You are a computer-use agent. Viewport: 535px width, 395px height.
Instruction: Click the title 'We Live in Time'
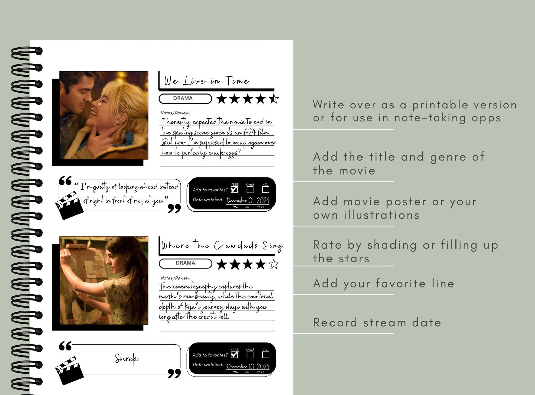[x=206, y=81]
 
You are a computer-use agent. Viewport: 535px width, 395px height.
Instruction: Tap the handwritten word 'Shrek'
[x=126, y=359]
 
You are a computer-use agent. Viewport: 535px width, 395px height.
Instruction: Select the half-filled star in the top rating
[x=274, y=99]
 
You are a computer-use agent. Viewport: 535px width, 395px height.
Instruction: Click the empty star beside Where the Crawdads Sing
[x=274, y=264]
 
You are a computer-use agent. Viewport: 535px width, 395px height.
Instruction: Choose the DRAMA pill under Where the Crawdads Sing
[x=185, y=263]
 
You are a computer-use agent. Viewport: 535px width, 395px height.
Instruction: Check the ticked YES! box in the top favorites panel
[x=234, y=189]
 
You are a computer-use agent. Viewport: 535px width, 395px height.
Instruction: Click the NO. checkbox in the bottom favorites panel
[x=265, y=355]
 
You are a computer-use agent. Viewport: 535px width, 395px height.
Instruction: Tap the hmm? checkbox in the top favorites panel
[x=250, y=190]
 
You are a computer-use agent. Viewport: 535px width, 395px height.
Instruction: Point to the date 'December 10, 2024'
[x=248, y=366]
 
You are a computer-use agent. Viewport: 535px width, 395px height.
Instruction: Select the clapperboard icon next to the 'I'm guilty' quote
[x=69, y=205]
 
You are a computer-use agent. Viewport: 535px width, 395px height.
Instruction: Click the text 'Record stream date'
[x=377, y=323]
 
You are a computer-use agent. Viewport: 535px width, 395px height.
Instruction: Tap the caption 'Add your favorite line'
[x=383, y=284]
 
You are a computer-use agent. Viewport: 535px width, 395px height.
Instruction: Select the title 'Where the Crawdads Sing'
[x=222, y=245]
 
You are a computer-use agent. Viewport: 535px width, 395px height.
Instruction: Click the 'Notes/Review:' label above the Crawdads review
[x=176, y=278]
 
